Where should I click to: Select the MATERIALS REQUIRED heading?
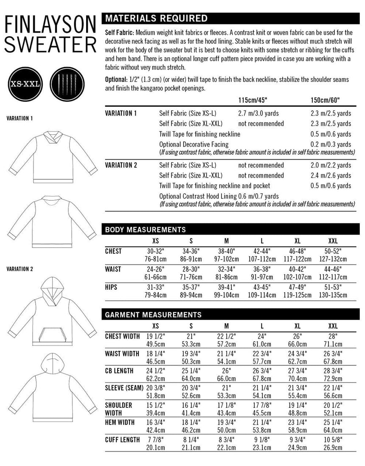(x=156, y=19)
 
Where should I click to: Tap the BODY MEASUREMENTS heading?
(x=145, y=230)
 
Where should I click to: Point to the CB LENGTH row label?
(x=119, y=370)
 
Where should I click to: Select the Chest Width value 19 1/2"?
(x=155, y=336)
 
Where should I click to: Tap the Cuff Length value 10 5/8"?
(x=333, y=440)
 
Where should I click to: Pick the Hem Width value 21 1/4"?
(x=262, y=423)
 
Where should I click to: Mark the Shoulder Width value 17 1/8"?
(x=226, y=405)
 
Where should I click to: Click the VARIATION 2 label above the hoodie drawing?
(x=20, y=269)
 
